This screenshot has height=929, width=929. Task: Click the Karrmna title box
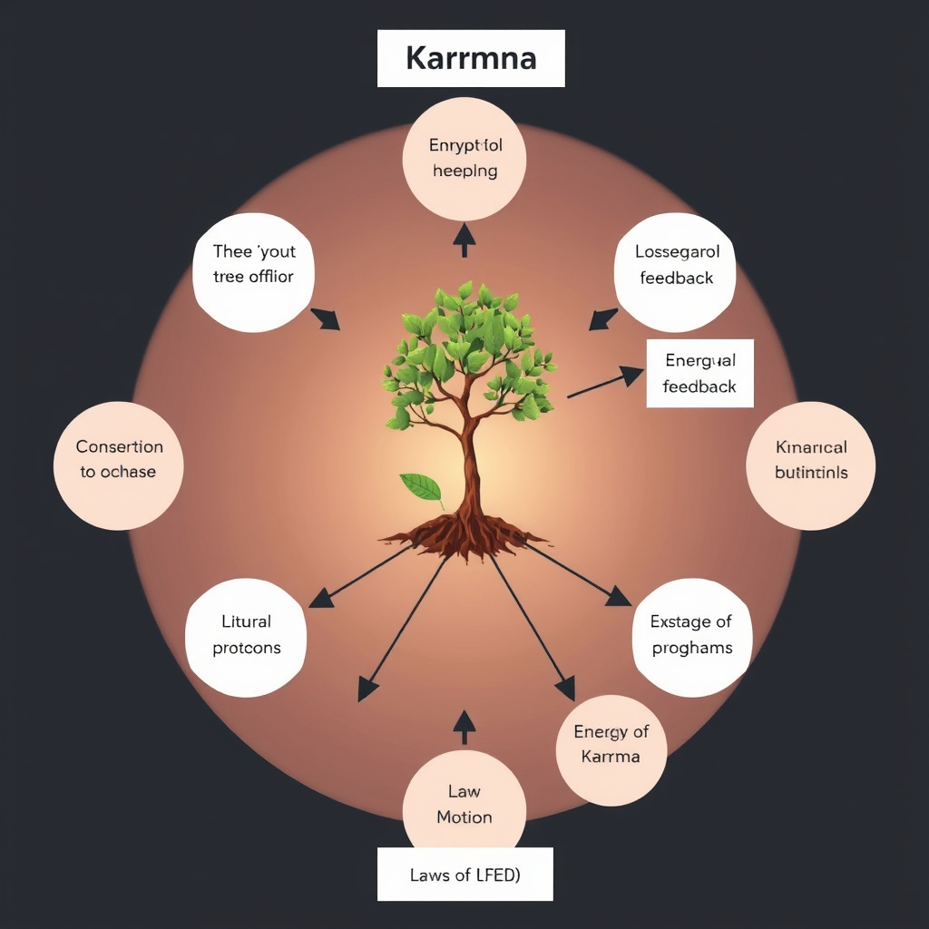pyautogui.click(x=471, y=58)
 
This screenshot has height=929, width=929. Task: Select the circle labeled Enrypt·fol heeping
pyautogui.click(x=464, y=159)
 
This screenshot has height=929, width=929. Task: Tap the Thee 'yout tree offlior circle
pyautogui.click(x=254, y=263)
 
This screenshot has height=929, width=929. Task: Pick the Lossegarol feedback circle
pyautogui.click(x=676, y=265)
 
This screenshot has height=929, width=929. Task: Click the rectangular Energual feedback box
pyautogui.click(x=699, y=373)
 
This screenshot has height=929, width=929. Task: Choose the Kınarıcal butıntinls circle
pyautogui.click(x=810, y=461)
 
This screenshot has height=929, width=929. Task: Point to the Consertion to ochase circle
pyautogui.click(x=119, y=460)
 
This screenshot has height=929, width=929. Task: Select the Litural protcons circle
pyautogui.click(x=246, y=636)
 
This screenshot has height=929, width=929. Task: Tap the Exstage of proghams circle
pyautogui.click(x=691, y=636)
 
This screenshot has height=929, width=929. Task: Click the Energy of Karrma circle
pyautogui.click(x=611, y=745)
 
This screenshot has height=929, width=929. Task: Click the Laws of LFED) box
pyautogui.click(x=464, y=875)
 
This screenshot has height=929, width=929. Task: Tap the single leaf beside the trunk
pyautogui.click(x=420, y=488)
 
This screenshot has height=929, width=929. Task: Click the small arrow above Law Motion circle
pyautogui.click(x=464, y=726)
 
